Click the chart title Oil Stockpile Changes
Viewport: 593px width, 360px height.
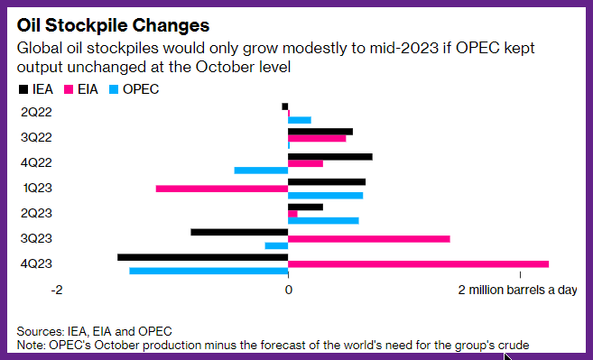pos(113,25)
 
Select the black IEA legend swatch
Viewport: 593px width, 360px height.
pos(23,89)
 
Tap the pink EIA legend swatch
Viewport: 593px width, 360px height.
pos(69,89)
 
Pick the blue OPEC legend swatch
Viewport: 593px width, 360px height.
pos(114,89)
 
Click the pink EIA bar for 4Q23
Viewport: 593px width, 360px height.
pos(418,264)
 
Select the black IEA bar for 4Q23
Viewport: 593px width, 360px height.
pos(203,257)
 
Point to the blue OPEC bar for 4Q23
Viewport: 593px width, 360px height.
pos(208,271)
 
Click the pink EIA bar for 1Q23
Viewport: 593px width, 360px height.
pos(222,189)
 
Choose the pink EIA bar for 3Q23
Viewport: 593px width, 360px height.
pos(369,239)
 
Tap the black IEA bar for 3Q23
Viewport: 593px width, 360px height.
pos(239,232)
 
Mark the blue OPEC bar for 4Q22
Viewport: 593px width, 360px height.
pos(262,171)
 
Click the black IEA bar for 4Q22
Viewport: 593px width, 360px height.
pos(330,157)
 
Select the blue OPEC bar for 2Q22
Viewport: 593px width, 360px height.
pos(300,120)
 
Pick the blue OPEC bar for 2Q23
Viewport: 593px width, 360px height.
pos(323,220)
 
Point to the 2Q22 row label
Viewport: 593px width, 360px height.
pos(36,112)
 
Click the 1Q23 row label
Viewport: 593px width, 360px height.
pos(37,188)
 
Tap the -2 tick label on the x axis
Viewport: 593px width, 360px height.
pos(57,290)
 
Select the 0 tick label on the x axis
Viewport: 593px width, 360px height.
pos(289,290)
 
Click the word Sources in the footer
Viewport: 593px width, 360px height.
pos(41,332)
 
